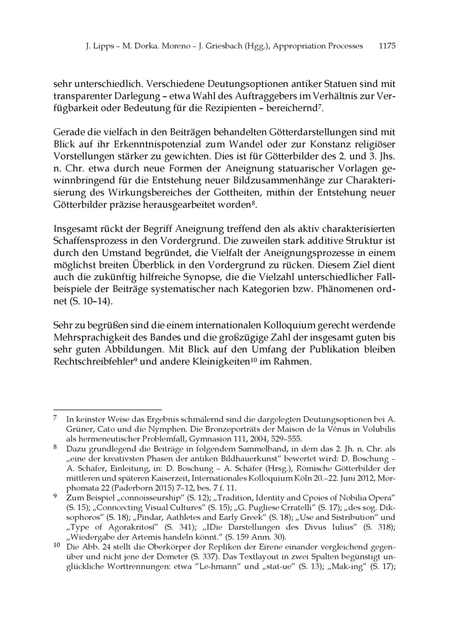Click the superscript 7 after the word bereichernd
click(x=320, y=105)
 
